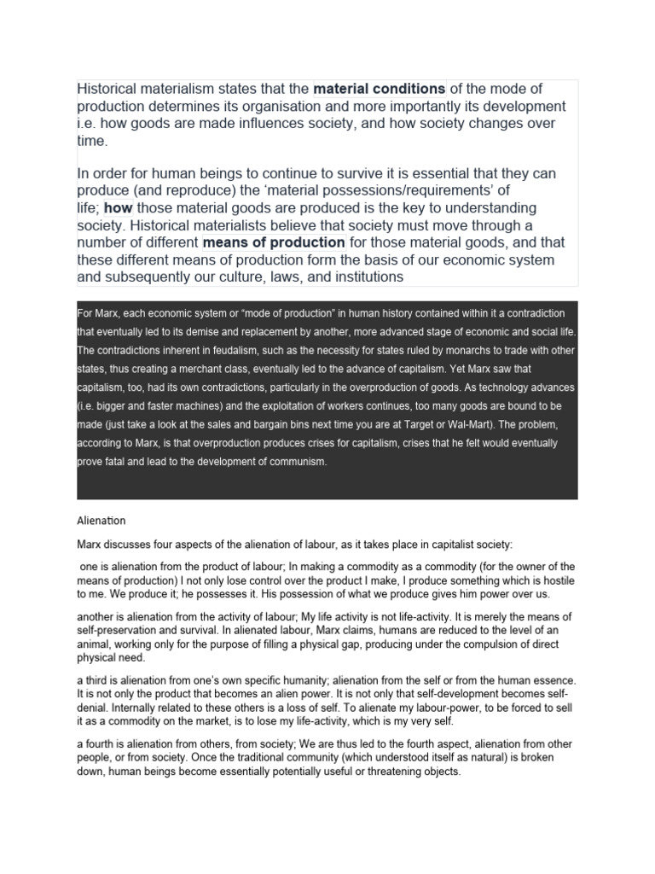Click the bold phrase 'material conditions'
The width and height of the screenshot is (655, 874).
(x=380, y=89)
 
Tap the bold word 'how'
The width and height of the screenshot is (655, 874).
(x=117, y=208)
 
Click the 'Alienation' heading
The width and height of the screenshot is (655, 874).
(x=101, y=520)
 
